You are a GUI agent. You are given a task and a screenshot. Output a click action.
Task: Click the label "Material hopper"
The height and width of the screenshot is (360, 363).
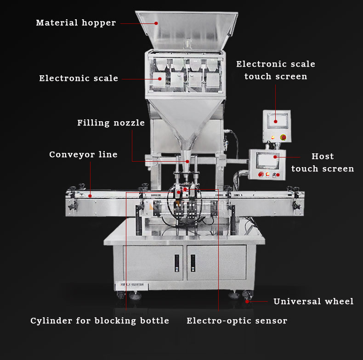[76, 23]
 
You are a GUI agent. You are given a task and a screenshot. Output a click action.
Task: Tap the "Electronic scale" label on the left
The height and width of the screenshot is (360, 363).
[79, 79]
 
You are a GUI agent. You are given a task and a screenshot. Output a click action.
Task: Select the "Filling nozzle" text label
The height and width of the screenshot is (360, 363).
[111, 123]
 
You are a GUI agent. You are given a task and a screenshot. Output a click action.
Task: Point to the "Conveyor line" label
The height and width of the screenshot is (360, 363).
[83, 155]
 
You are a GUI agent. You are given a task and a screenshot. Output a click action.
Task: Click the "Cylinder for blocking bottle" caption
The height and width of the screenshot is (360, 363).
[100, 321]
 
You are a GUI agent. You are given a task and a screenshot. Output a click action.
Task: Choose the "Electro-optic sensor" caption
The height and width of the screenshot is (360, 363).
[237, 321]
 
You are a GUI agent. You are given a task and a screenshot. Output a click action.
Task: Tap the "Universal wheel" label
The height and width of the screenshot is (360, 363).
[313, 302]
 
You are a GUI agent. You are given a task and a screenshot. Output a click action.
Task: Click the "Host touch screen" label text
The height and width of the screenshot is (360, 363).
[323, 163]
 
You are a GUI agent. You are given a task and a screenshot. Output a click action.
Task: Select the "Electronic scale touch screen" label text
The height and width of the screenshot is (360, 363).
[276, 70]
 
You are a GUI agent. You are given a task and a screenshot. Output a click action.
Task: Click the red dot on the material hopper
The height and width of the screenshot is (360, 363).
[156, 23]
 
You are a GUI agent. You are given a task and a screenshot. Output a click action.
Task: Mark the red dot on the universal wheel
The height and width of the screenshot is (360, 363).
[247, 302]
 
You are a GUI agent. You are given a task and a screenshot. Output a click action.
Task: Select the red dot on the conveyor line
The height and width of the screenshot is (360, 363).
[90, 196]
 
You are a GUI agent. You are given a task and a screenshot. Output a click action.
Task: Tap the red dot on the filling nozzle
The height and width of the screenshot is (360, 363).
[187, 161]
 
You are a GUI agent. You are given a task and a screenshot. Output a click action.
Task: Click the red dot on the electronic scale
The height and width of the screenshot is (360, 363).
[160, 79]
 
